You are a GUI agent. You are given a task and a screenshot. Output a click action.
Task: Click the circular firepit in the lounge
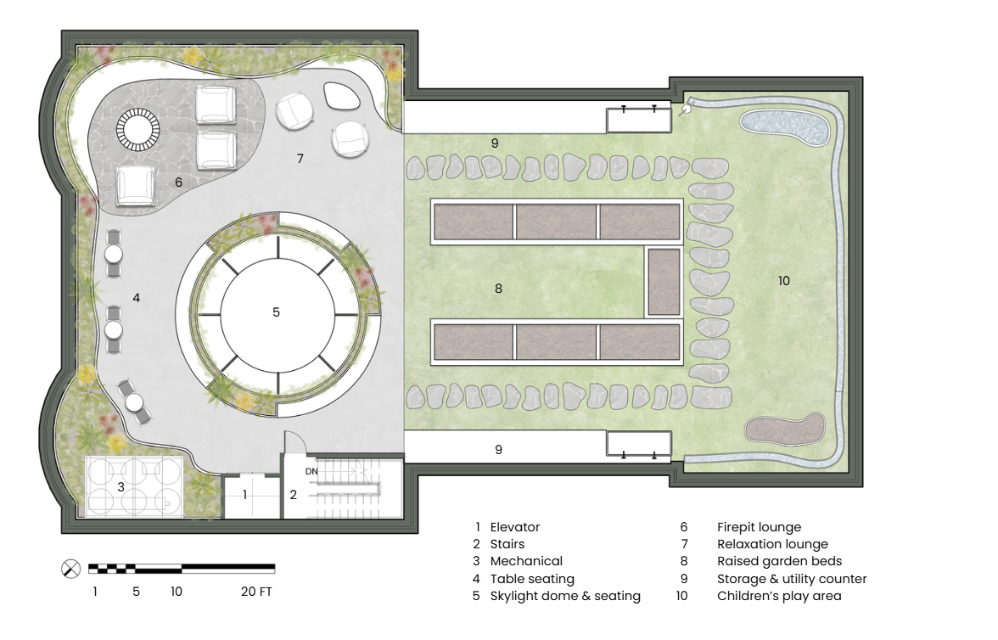click(137, 131)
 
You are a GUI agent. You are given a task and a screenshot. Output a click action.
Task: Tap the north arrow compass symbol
click(70, 569)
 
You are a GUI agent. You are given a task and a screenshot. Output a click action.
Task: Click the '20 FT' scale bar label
click(256, 592)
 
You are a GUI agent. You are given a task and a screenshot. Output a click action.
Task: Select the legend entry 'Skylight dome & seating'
click(565, 596)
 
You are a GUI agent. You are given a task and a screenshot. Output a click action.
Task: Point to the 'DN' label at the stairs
click(311, 472)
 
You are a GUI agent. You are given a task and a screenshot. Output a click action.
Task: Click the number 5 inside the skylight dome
click(276, 312)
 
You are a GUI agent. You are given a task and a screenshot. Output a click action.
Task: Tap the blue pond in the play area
click(787, 128)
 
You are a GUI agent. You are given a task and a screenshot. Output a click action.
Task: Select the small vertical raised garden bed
click(664, 282)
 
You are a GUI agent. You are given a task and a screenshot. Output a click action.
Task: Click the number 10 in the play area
click(783, 281)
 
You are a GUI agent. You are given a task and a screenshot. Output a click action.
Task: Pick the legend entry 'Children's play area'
click(779, 596)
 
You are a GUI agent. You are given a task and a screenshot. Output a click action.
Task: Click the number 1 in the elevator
click(245, 494)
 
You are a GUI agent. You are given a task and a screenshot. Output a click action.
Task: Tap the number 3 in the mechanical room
click(121, 488)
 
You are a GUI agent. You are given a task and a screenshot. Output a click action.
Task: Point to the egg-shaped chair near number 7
click(342, 96)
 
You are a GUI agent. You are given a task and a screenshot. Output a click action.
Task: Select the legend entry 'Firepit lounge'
click(759, 527)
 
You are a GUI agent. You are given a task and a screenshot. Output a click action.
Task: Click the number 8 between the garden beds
click(498, 289)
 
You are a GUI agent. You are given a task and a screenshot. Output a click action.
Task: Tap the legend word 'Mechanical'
click(526, 561)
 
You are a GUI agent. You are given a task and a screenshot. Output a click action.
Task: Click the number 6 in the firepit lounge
click(178, 182)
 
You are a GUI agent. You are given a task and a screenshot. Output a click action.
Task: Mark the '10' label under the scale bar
click(177, 592)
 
